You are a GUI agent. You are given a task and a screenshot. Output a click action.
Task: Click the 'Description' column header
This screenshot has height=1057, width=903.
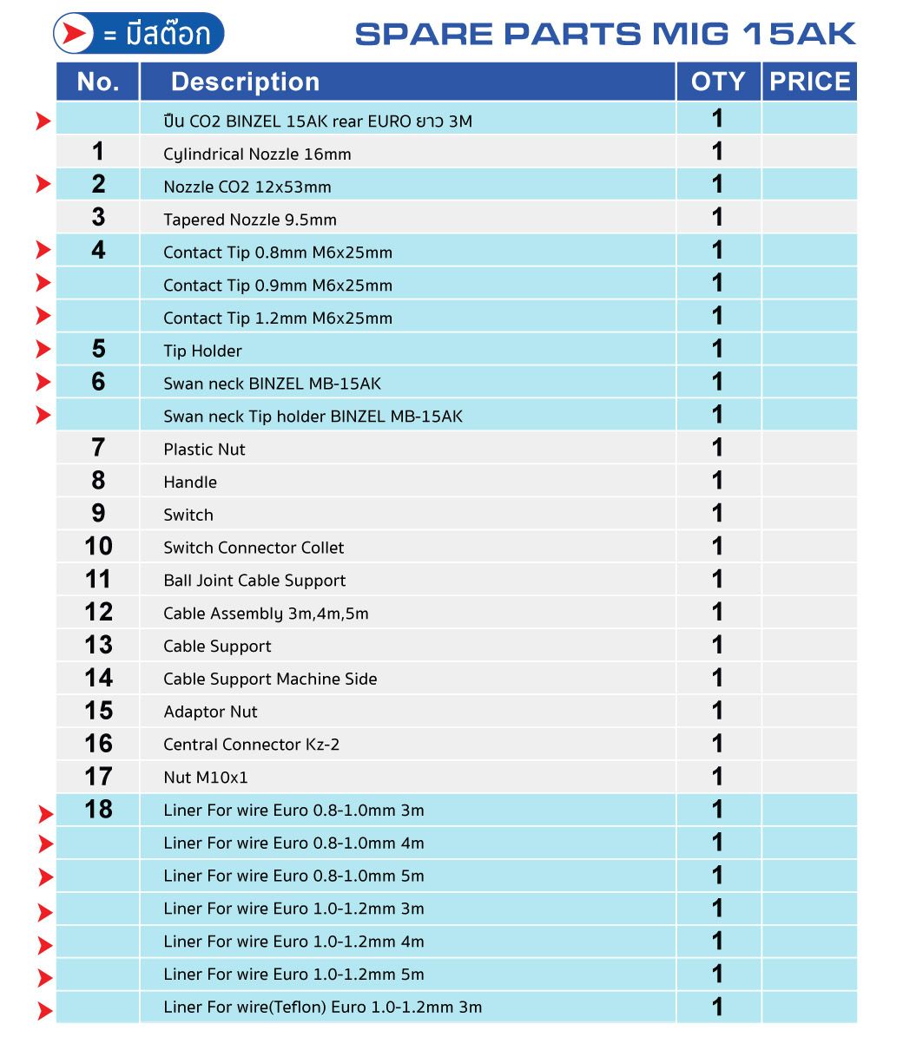pyautogui.click(x=245, y=82)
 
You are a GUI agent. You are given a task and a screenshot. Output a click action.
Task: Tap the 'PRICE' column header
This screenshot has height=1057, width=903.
pyautogui.click(x=809, y=82)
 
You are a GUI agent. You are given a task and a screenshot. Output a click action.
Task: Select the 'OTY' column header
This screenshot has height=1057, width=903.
pyautogui.click(x=718, y=82)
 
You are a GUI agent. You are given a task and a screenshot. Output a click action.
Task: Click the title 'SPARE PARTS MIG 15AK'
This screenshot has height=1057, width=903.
pyautogui.click(x=605, y=34)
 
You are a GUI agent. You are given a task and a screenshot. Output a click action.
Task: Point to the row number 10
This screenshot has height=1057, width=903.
pyautogui.click(x=98, y=547)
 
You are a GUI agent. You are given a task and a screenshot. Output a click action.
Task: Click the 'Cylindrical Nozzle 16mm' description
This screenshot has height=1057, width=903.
pyautogui.click(x=257, y=154)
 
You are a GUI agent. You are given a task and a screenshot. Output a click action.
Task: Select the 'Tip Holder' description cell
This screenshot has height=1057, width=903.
pyautogui.click(x=202, y=351)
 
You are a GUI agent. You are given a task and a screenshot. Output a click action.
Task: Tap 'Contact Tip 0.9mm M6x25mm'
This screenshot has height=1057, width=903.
pyautogui.click(x=278, y=286)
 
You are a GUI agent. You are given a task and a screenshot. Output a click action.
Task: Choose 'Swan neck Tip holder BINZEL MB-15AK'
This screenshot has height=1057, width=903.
pyautogui.click(x=313, y=417)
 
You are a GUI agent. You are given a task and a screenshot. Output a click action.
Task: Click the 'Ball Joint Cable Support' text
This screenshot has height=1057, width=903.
pyautogui.click(x=254, y=581)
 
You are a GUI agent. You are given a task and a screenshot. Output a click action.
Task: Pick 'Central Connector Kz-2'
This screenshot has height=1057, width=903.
pyautogui.click(x=251, y=745)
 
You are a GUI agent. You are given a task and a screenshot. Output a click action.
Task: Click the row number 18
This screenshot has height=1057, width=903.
pyautogui.click(x=98, y=810)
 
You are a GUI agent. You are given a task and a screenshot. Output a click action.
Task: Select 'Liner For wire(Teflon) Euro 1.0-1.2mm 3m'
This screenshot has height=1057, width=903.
pyautogui.click(x=322, y=1008)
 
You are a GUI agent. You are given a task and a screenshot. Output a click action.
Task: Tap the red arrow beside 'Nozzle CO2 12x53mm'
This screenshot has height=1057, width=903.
pyautogui.click(x=43, y=184)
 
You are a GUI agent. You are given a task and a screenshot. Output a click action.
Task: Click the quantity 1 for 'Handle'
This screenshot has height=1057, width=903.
pyautogui.click(x=717, y=481)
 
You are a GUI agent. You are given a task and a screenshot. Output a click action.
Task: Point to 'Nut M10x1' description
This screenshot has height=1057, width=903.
pyautogui.click(x=205, y=778)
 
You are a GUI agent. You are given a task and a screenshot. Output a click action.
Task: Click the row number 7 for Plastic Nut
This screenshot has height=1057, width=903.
pyautogui.click(x=98, y=448)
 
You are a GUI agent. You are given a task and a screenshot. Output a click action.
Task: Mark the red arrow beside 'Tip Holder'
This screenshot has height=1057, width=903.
pyautogui.click(x=43, y=349)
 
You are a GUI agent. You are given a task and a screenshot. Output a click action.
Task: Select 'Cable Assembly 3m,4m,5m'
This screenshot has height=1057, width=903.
pyautogui.click(x=266, y=614)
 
